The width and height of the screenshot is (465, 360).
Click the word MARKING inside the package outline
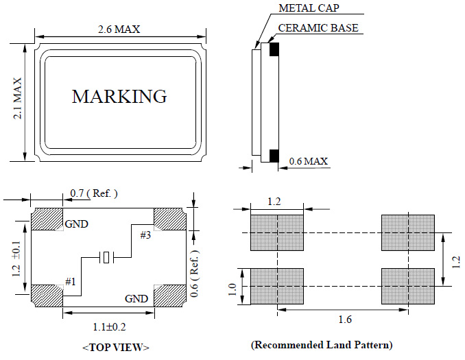click(119, 96)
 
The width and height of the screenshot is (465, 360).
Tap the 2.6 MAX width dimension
click(120, 29)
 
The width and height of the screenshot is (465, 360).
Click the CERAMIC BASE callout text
click(318, 29)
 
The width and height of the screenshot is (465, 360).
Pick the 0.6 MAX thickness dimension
click(308, 161)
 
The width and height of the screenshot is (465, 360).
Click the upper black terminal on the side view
click(274, 49)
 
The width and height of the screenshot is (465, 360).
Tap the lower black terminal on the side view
click(274, 156)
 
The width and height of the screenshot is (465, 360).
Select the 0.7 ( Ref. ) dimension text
click(94, 194)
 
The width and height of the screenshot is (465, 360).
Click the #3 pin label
click(145, 235)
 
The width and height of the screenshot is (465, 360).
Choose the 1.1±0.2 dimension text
click(108, 328)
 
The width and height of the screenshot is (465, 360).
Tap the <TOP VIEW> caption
click(116, 347)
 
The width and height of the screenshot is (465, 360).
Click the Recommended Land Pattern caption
click(322, 344)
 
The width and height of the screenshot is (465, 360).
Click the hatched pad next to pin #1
click(47, 296)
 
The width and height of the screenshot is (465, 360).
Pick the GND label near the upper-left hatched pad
click(76, 224)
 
